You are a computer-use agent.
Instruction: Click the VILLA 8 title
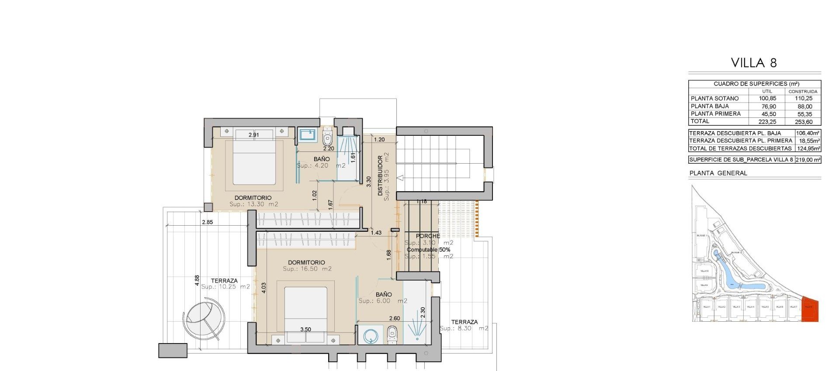754,63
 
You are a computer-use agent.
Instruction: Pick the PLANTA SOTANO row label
714,99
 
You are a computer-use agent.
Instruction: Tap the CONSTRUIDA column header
803,92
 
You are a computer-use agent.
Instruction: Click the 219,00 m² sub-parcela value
808,160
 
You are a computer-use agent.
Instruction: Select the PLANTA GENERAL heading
718,173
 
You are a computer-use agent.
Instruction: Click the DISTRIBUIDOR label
380,175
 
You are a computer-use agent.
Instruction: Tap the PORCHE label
428,236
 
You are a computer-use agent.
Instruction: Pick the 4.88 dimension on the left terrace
197,280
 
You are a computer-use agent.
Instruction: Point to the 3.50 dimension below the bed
305,330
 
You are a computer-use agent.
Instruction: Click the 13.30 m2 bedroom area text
253,204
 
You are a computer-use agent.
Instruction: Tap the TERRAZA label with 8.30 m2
464,322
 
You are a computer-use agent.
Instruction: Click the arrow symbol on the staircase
400,178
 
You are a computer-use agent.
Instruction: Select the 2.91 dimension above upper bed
253,135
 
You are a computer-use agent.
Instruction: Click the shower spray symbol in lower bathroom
417,330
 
